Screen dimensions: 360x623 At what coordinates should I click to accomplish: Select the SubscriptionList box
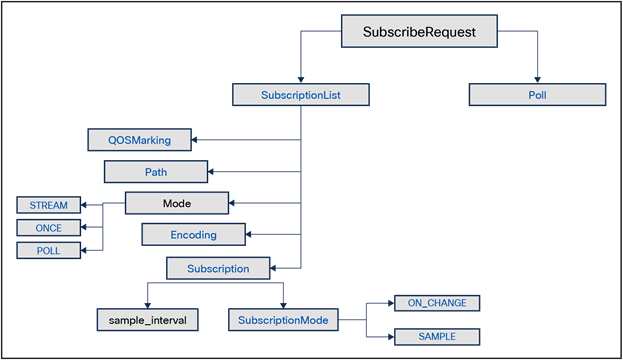click(301, 95)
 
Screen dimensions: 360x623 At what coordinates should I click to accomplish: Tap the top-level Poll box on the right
click(538, 95)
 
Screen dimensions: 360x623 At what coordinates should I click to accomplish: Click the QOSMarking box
click(139, 140)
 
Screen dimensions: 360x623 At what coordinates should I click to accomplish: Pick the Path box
click(155, 172)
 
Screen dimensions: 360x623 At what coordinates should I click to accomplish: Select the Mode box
click(177, 203)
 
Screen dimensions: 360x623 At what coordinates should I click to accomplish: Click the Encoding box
click(193, 234)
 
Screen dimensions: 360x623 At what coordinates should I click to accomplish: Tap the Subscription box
click(217, 268)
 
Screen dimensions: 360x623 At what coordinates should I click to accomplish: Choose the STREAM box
click(48, 205)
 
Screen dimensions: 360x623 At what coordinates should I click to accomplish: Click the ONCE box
click(48, 228)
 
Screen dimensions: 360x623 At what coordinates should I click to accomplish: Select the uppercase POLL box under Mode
click(48, 250)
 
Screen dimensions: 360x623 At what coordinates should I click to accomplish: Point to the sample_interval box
click(147, 320)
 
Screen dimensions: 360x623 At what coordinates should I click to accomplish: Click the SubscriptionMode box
click(283, 320)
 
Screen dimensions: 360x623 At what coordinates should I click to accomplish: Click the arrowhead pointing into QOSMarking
click(197, 140)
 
